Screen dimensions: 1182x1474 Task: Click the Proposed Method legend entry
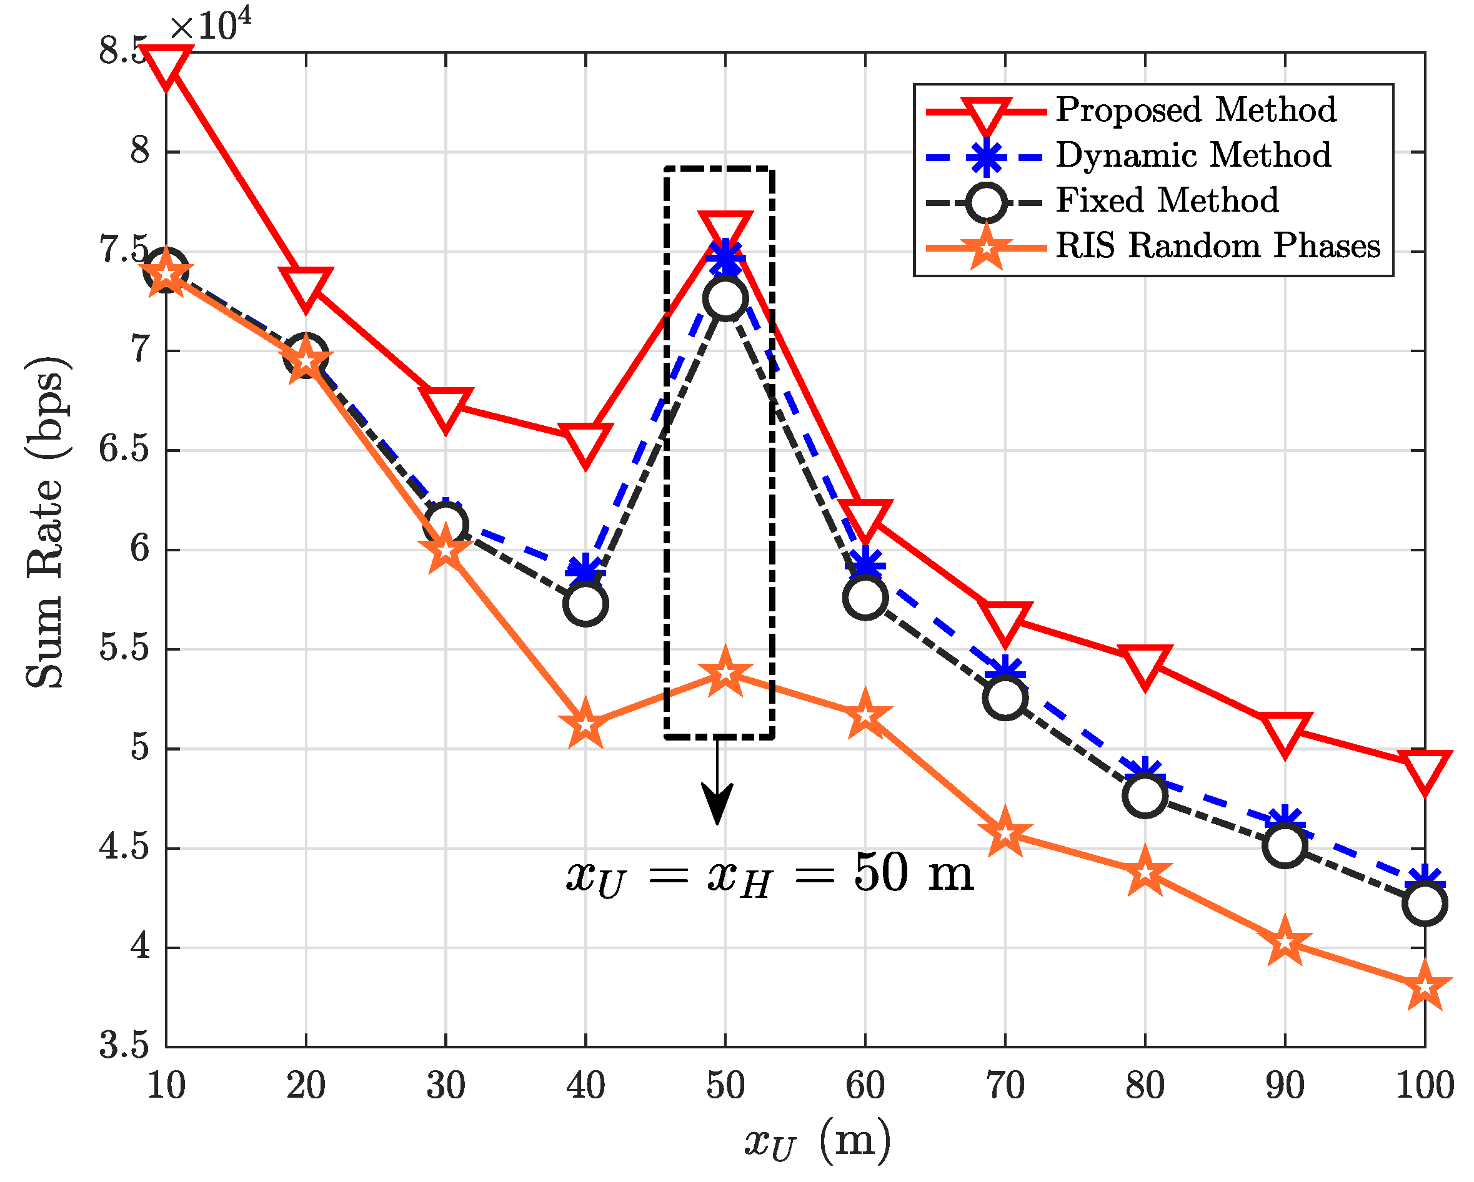[x=1195, y=110]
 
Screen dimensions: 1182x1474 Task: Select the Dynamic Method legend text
[x=1193, y=155]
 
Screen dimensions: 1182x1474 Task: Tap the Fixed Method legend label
[x=1167, y=200]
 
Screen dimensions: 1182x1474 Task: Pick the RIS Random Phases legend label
[x=1218, y=245]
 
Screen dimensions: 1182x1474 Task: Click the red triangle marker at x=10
[x=166, y=65]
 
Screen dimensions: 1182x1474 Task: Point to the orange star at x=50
[x=725, y=674]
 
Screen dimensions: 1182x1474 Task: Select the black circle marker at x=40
[x=586, y=604]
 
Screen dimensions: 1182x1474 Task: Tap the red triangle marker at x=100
[x=1425, y=771]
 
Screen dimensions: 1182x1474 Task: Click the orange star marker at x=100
[x=1425, y=987]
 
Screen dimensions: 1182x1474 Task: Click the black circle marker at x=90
[x=1285, y=845]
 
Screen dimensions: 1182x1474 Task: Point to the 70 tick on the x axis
[x=1005, y=1086]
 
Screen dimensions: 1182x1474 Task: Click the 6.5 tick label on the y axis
[x=124, y=450]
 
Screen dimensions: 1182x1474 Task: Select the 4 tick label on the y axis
[x=140, y=948]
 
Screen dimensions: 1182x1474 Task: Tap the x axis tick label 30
[x=446, y=1086]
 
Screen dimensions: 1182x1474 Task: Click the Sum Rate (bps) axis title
[x=46, y=522]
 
